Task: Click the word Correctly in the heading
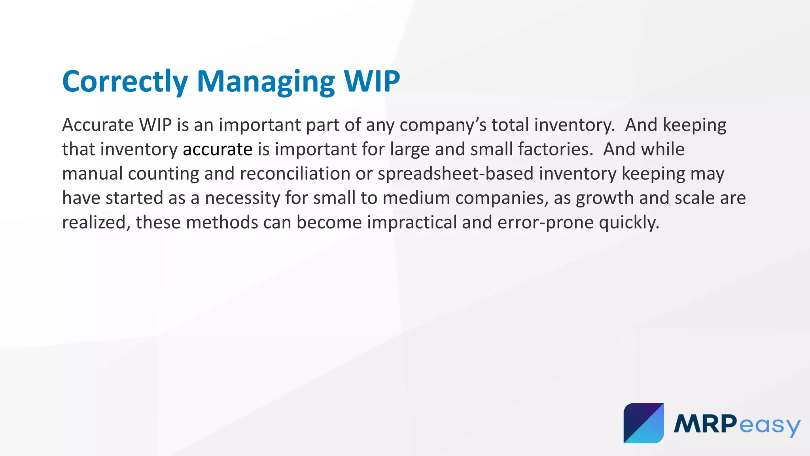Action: coord(125,82)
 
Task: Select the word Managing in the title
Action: coord(265,82)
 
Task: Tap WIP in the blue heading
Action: coord(372,82)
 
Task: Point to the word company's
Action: coord(443,125)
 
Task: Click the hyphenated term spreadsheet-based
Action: coord(456,174)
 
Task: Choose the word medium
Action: coord(416,198)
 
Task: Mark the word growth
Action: coord(605,198)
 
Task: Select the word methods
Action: coord(222,222)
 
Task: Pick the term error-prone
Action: coord(545,222)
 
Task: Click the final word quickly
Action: coord(629,222)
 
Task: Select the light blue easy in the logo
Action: coord(769,426)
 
